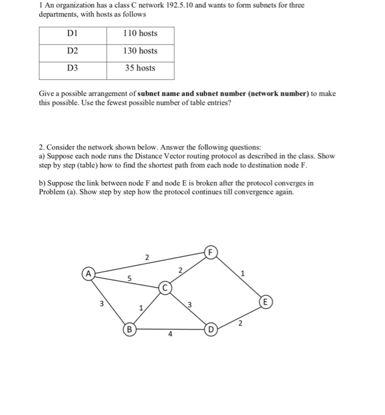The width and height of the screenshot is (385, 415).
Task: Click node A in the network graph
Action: point(88,274)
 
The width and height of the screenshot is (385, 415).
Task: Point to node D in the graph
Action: point(210,328)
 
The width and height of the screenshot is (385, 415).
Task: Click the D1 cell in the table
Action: point(73,34)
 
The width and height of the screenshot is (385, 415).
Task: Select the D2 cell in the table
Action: point(73,51)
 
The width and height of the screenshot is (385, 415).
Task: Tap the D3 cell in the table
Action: point(73,68)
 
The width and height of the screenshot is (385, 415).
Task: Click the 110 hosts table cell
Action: point(140,34)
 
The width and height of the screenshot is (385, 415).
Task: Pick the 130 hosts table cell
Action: point(140,51)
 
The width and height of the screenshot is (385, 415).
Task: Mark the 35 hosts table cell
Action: point(140,68)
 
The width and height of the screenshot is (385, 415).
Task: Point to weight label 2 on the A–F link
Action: point(147,257)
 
